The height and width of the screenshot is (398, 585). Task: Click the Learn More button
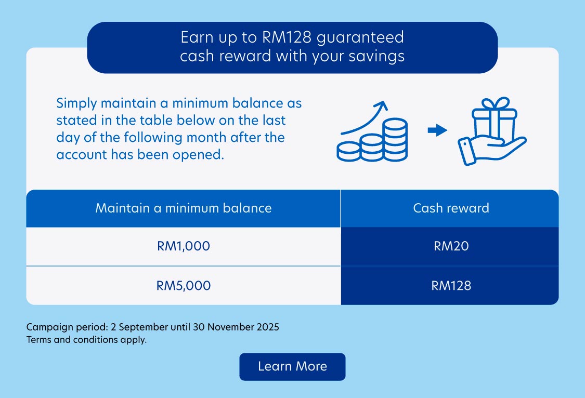click(292, 366)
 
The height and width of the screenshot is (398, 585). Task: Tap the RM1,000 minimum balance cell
click(183, 246)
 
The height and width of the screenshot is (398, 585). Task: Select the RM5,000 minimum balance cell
click(183, 285)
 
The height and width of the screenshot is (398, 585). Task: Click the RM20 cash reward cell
click(451, 246)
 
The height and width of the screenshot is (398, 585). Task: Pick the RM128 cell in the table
click(451, 285)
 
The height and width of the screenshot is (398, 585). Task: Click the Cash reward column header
click(451, 208)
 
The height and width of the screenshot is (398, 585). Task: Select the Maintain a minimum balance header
click(183, 208)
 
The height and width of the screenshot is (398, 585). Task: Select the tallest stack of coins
click(395, 139)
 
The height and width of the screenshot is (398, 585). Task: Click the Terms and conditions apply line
click(86, 341)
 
